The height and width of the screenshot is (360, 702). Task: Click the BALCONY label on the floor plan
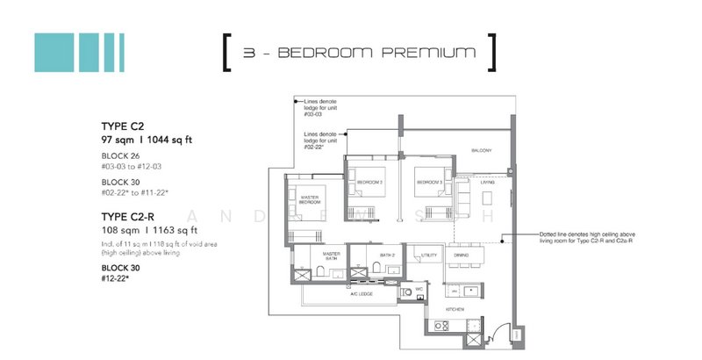pos(479,149)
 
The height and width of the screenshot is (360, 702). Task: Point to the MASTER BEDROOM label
pos(308,199)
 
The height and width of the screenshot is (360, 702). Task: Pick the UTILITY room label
pos(429,254)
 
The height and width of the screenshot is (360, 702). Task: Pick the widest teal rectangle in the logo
pos(52,52)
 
